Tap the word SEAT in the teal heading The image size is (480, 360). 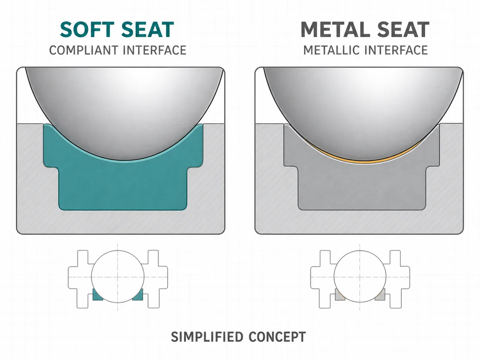[148, 30]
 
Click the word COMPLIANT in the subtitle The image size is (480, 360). [84, 50]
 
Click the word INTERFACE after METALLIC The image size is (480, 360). [396, 50]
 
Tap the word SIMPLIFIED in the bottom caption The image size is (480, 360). [207, 337]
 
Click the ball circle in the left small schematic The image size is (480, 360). [92, 277]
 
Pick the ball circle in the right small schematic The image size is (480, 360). [334, 276]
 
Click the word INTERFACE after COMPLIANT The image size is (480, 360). [155, 50]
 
